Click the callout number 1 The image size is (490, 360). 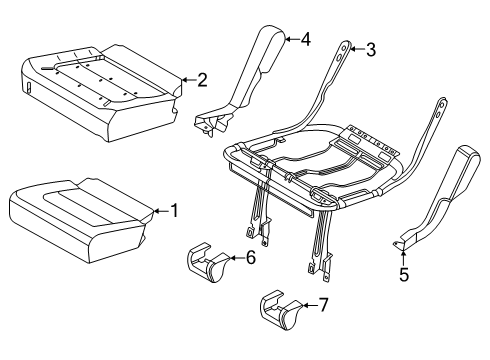pyautogui.click(x=173, y=210)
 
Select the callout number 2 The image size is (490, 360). pyautogui.click(x=201, y=79)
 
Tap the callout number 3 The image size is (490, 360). pyautogui.click(x=370, y=49)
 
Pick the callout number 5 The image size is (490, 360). pyautogui.click(x=404, y=272)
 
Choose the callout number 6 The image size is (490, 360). pyautogui.click(x=250, y=257)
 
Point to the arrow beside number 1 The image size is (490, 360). pyautogui.click(x=159, y=210)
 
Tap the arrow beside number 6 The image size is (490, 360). pyautogui.click(x=236, y=258)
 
